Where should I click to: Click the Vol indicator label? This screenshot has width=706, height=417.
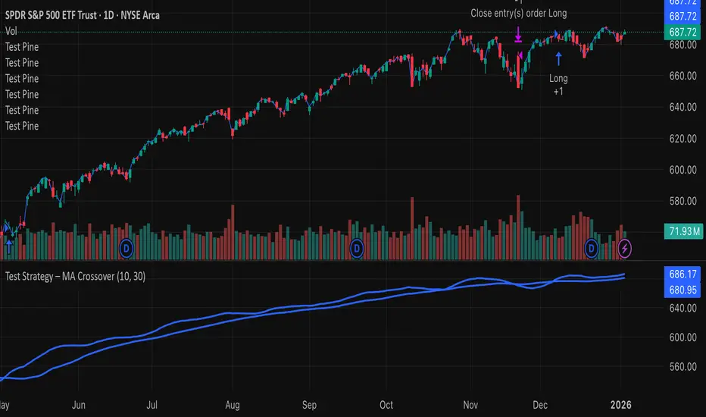coord(11,31)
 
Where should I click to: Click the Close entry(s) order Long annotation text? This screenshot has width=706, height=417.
coord(518,13)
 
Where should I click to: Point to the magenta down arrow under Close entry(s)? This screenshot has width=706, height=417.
coord(519,35)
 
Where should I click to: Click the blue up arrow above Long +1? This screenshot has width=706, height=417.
coord(559,56)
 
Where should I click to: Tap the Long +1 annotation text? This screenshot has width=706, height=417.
coord(558,84)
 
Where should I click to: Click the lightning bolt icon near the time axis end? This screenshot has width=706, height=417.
coord(625,247)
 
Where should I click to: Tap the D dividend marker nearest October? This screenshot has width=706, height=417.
coord(357,247)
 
